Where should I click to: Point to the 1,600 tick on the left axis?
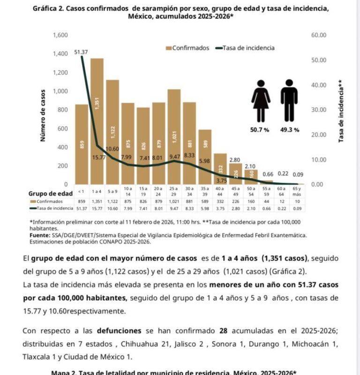(60, 36)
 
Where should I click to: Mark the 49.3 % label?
(289, 130)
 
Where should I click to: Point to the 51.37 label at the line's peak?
(81, 52)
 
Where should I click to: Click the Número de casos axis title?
(43, 115)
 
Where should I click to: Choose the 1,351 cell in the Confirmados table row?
(97, 201)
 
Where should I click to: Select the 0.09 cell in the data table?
(297, 207)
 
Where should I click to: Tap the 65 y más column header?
(297, 191)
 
